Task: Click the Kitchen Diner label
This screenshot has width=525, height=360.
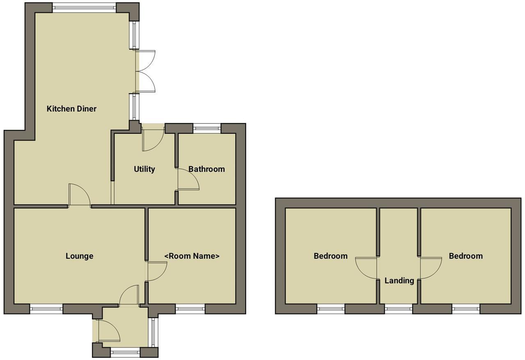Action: (x=71, y=109)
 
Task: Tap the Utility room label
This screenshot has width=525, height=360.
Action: (x=144, y=169)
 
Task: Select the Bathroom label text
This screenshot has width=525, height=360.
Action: (x=206, y=169)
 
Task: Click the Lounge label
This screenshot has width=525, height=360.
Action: (x=79, y=256)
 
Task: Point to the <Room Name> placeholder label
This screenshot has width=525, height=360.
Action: (x=192, y=256)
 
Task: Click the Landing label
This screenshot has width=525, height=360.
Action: (x=399, y=280)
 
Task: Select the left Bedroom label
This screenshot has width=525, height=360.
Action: (x=330, y=256)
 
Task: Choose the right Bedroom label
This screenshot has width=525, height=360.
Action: (x=466, y=256)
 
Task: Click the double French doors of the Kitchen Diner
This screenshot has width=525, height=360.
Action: (x=146, y=71)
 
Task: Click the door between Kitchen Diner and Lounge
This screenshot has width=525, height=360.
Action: (x=79, y=196)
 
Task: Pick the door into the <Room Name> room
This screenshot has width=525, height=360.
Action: (x=155, y=271)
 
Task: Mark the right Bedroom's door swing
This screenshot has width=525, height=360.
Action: (x=430, y=267)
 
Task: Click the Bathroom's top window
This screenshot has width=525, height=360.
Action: (x=207, y=128)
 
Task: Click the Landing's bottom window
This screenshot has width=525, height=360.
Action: (x=399, y=309)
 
